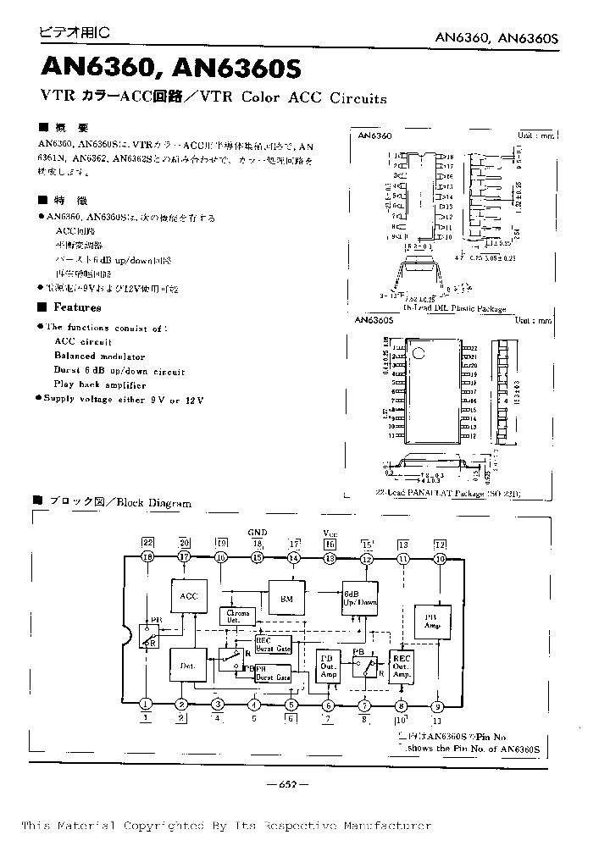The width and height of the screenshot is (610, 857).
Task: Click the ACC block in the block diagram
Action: tap(188, 596)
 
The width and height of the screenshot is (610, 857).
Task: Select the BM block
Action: tap(286, 598)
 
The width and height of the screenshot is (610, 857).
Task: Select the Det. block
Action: tap(188, 666)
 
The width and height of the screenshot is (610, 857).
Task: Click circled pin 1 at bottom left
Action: tap(146, 705)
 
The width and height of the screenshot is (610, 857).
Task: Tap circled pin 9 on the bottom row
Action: tap(437, 705)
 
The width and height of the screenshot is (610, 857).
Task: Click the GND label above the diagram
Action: tap(257, 532)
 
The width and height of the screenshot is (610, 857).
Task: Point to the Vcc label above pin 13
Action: tap(330, 532)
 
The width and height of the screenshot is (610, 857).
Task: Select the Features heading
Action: tap(77, 308)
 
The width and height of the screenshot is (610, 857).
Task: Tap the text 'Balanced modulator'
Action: tap(99, 357)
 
